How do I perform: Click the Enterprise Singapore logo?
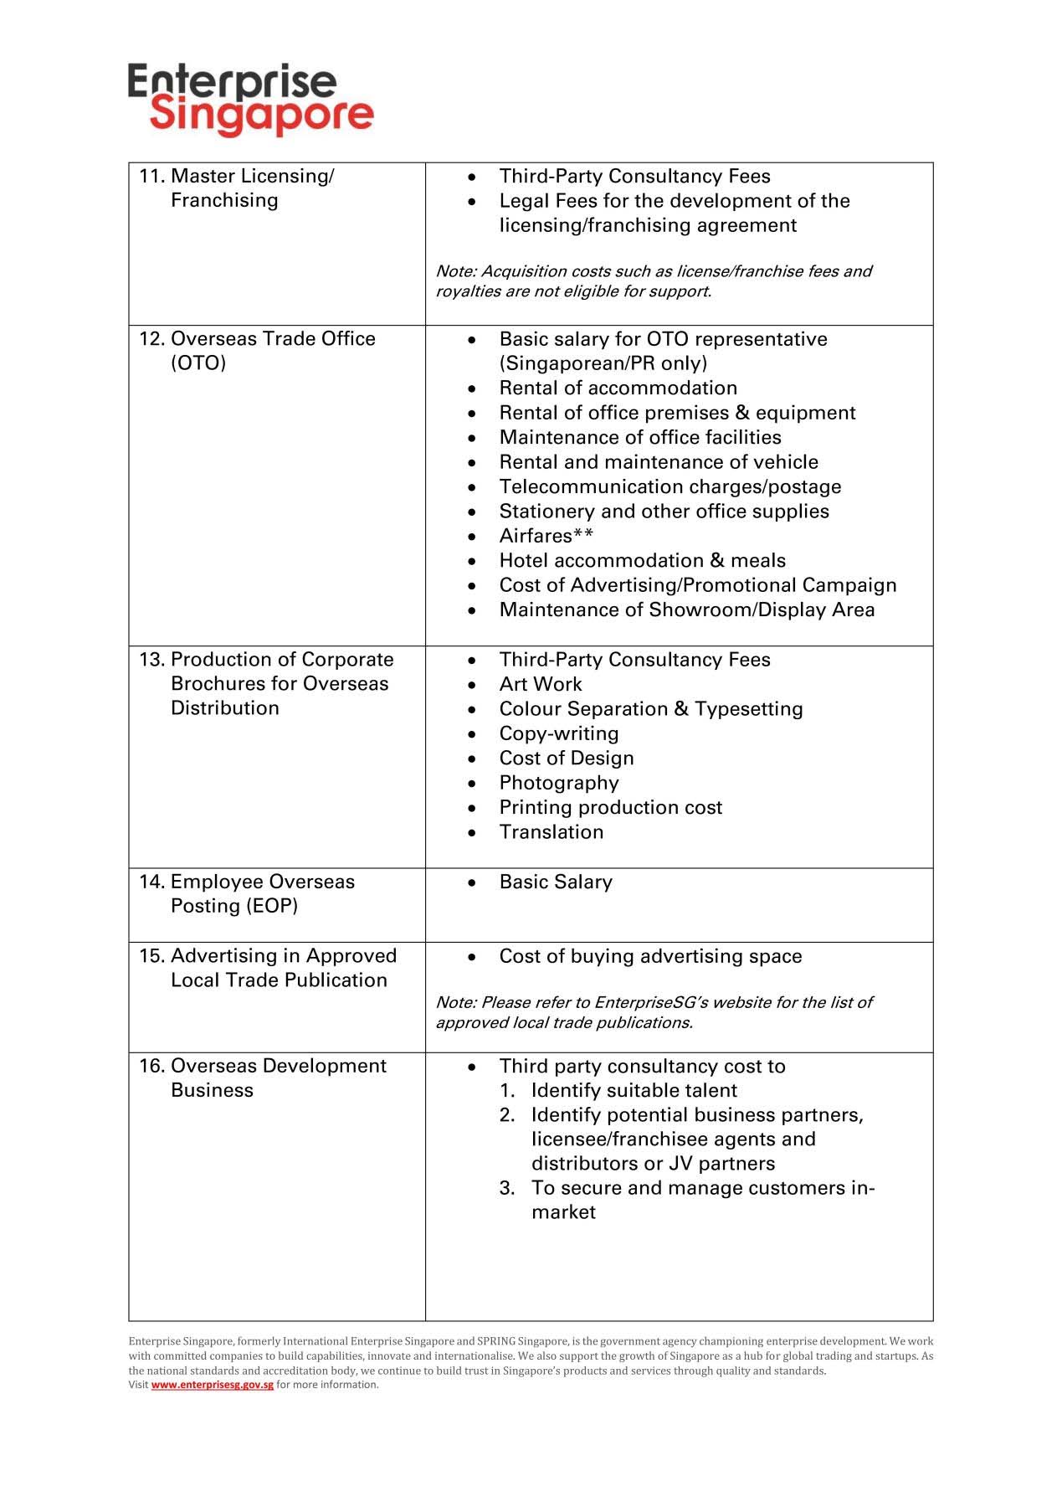[x=250, y=99]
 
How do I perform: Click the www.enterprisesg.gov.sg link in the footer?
[x=212, y=1384]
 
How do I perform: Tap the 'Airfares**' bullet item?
[x=546, y=536]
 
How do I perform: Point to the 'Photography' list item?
[x=558, y=783]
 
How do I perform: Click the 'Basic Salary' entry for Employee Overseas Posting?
[x=556, y=882]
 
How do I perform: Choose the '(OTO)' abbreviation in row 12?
[x=198, y=363]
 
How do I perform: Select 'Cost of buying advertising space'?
[x=650, y=956]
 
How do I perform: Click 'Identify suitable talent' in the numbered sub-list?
[x=634, y=1090]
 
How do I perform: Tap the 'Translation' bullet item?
[x=551, y=832]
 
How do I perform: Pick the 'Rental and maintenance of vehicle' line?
[x=659, y=462]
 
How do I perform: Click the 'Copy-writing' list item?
[x=558, y=733]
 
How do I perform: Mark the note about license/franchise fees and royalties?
[x=653, y=281]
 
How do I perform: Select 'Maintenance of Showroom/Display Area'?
[x=686, y=610]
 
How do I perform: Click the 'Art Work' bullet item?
[x=540, y=684]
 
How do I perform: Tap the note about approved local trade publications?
[x=653, y=1012]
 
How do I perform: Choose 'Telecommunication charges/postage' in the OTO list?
[x=670, y=486]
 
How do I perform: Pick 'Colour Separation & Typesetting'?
[x=650, y=709]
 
